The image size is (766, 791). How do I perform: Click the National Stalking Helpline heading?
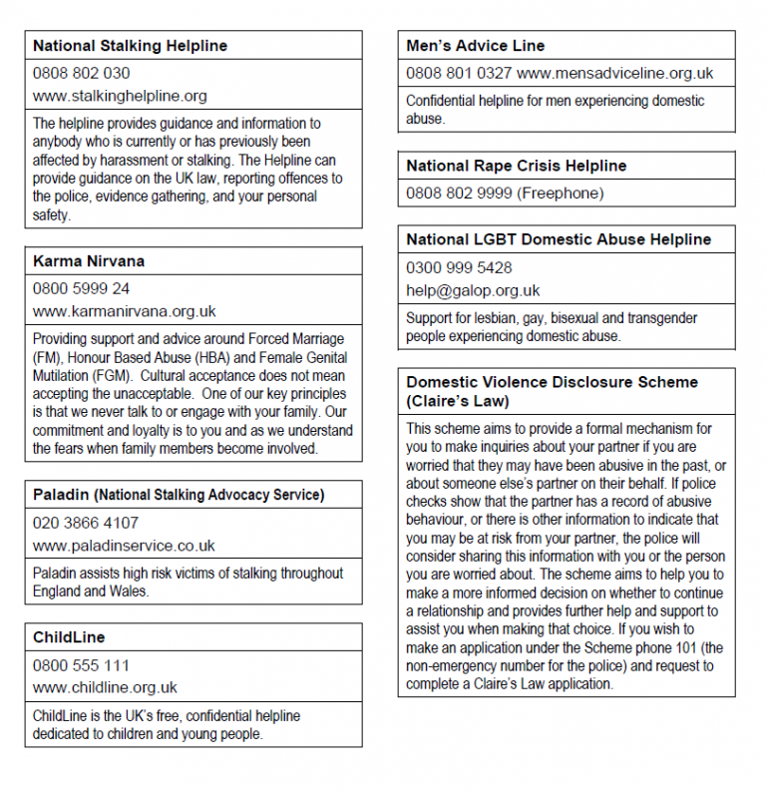click(130, 46)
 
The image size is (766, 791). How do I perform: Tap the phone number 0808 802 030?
click(81, 73)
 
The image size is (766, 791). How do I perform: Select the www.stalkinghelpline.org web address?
click(120, 97)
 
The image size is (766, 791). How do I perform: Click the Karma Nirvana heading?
click(89, 261)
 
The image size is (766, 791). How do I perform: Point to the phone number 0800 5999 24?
click(81, 288)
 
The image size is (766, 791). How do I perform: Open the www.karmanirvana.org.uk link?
click(124, 311)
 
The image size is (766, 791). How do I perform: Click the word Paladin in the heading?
click(59, 495)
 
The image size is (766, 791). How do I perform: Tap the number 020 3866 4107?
click(86, 522)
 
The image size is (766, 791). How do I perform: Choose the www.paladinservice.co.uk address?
click(124, 546)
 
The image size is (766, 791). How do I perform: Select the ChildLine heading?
click(69, 637)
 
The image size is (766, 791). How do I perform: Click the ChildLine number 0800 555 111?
click(81, 665)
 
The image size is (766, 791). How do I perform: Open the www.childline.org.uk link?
click(105, 688)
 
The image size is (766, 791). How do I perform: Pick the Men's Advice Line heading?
click(475, 46)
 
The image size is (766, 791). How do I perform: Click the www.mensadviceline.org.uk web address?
click(615, 73)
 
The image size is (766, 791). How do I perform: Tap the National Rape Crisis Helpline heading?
click(516, 166)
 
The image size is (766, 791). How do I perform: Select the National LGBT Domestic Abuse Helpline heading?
click(559, 239)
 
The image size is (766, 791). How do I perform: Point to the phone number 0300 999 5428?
click(459, 267)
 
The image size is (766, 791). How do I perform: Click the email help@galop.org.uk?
click(473, 290)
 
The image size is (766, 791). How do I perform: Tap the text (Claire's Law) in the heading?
click(458, 401)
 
